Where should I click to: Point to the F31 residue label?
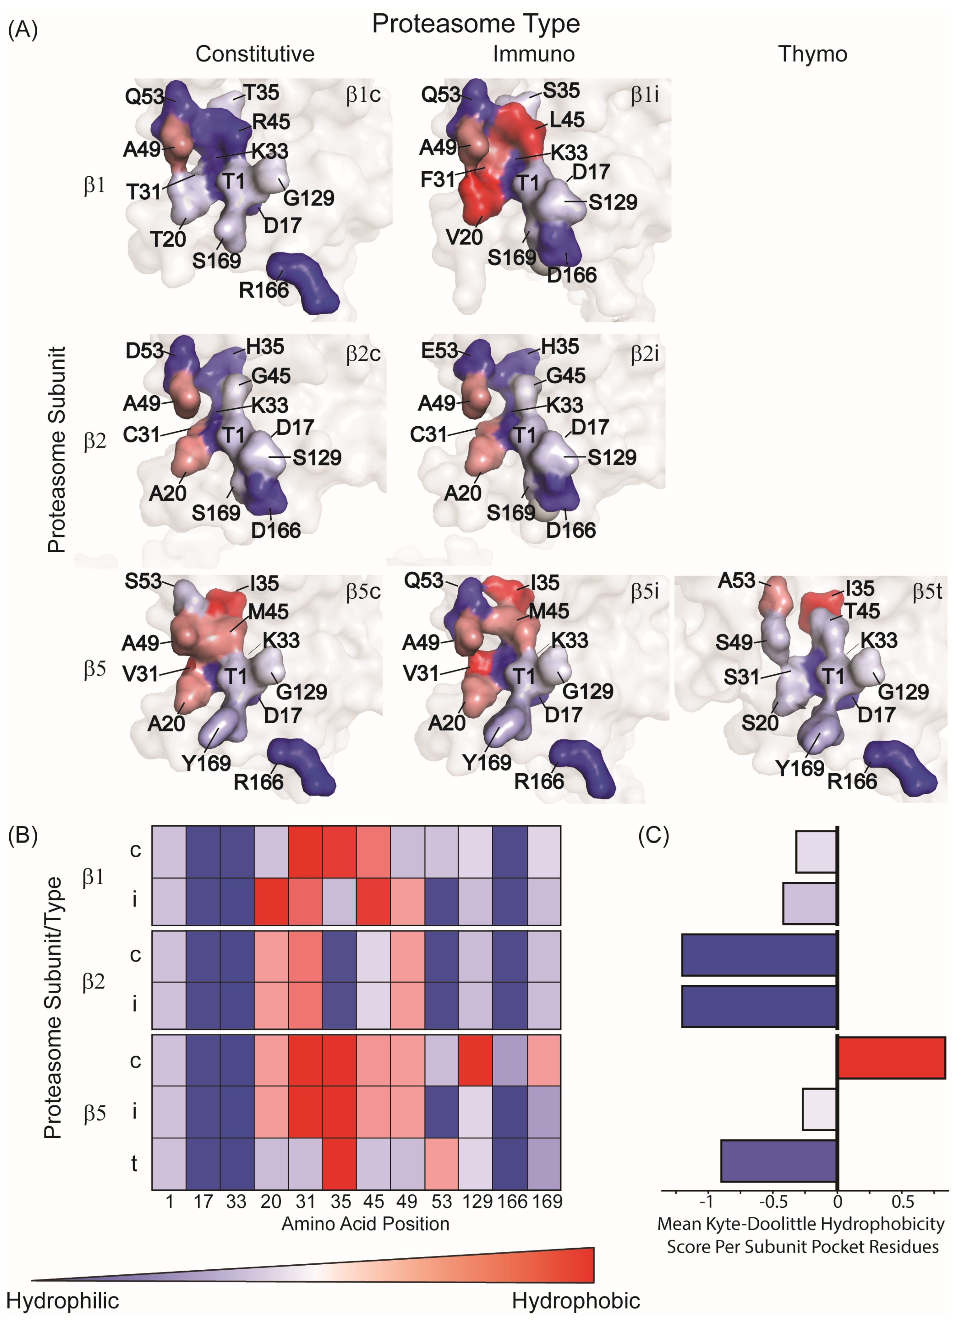[437, 179]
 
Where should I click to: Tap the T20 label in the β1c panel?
[168, 239]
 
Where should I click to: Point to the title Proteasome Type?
[476, 23]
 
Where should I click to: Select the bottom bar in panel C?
[779, 1161]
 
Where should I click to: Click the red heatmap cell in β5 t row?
[339, 1163]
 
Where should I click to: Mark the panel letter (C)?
[653, 836]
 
